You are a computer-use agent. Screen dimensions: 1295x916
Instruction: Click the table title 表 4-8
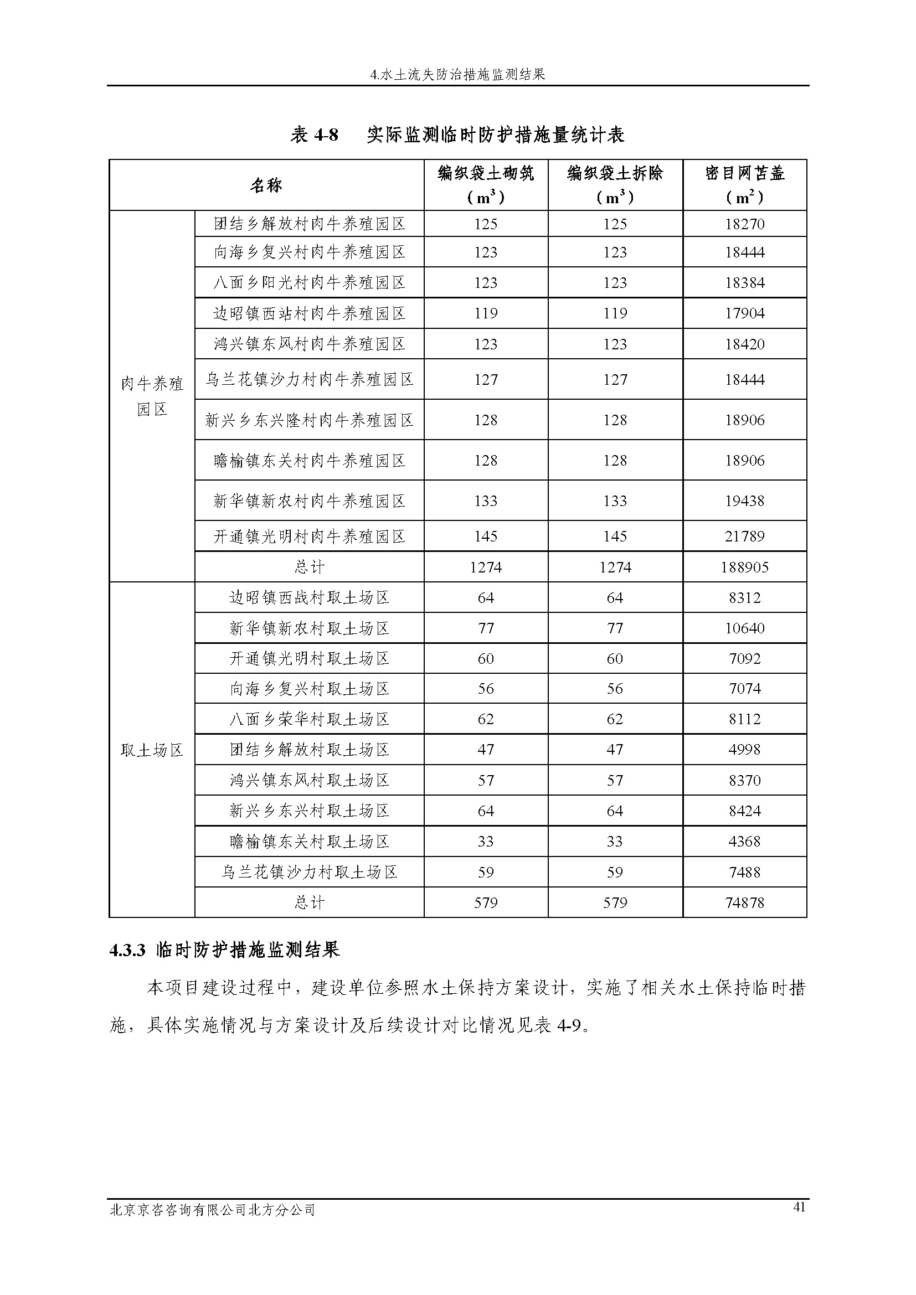pyautogui.click(x=314, y=135)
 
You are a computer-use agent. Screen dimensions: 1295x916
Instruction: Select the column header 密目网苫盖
pyautogui.click(x=744, y=174)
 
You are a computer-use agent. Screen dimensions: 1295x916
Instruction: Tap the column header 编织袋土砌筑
pyautogui.click(x=486, y=174)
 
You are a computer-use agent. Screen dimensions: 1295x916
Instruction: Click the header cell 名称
pyautogui.click(x=266, y=185)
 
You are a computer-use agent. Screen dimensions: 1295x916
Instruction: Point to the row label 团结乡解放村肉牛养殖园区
pyautogui.click(x=309, y=224)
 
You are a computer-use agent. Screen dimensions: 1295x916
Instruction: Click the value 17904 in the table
pyautogui.click(x=744, y=313)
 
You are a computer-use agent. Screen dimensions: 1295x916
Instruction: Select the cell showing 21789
pyautogui.click(x=744, y=536)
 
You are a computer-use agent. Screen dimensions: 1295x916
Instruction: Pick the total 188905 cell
pyautogui.click(x=744, y=567)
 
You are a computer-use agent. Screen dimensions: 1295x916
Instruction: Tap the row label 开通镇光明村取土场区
pyautogui.click(x=309, y=658)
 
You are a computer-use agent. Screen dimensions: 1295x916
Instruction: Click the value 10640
pyautogui.click(x=744, y=628)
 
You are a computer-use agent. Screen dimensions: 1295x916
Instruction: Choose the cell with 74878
pyautogui.click(x=744, y=902)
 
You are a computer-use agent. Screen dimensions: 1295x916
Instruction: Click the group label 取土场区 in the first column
pyautogui.click(x=152, y=750)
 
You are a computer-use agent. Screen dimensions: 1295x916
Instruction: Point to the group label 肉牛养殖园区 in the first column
pyautogui.click(x=152, y=396)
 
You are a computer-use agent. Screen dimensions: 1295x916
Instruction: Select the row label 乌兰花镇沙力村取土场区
pyautogui.click(x=309, y=872)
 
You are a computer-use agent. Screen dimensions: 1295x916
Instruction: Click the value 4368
pyautogui.click(x=744, y=842)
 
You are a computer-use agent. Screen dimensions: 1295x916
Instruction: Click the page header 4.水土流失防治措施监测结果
pyautogui.click(x=457, y=74)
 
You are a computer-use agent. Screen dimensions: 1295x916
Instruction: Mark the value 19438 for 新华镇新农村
pyautogui.click(x=744, y=501)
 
